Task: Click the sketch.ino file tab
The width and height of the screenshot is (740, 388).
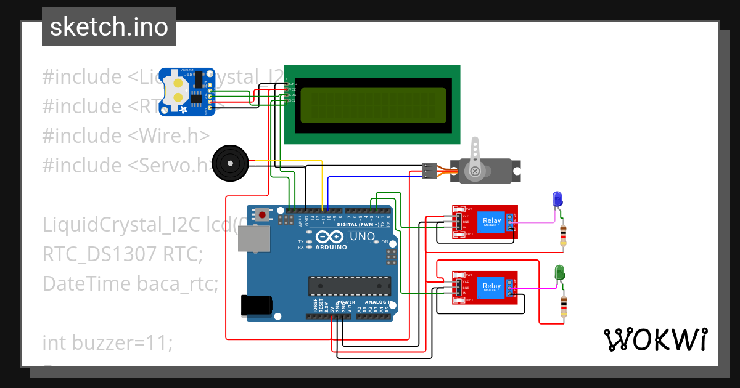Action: [x=109, y=27]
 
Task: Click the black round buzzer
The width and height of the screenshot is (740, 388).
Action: [x=229, y=163]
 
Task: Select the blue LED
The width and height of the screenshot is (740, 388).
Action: [x=557, y=200]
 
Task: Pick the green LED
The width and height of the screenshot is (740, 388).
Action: [x=560, y=272]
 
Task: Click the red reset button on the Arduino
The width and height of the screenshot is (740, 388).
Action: [x=263, y=216]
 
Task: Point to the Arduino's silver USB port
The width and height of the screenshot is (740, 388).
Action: [x=253, y=239]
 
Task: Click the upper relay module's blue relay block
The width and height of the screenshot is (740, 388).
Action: [x=492, y=221]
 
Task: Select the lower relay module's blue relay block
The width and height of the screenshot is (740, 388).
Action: [x=492, y=287]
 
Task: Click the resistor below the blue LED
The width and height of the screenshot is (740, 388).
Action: [x=562, y=234]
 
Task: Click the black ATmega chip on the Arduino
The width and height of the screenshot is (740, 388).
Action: [x=350, y=285]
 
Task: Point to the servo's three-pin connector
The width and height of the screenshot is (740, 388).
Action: [x=430, y=171]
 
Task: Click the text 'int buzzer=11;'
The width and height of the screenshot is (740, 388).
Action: [x=108, y=342]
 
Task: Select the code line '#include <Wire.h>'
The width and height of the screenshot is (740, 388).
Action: [x=126, y=135]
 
